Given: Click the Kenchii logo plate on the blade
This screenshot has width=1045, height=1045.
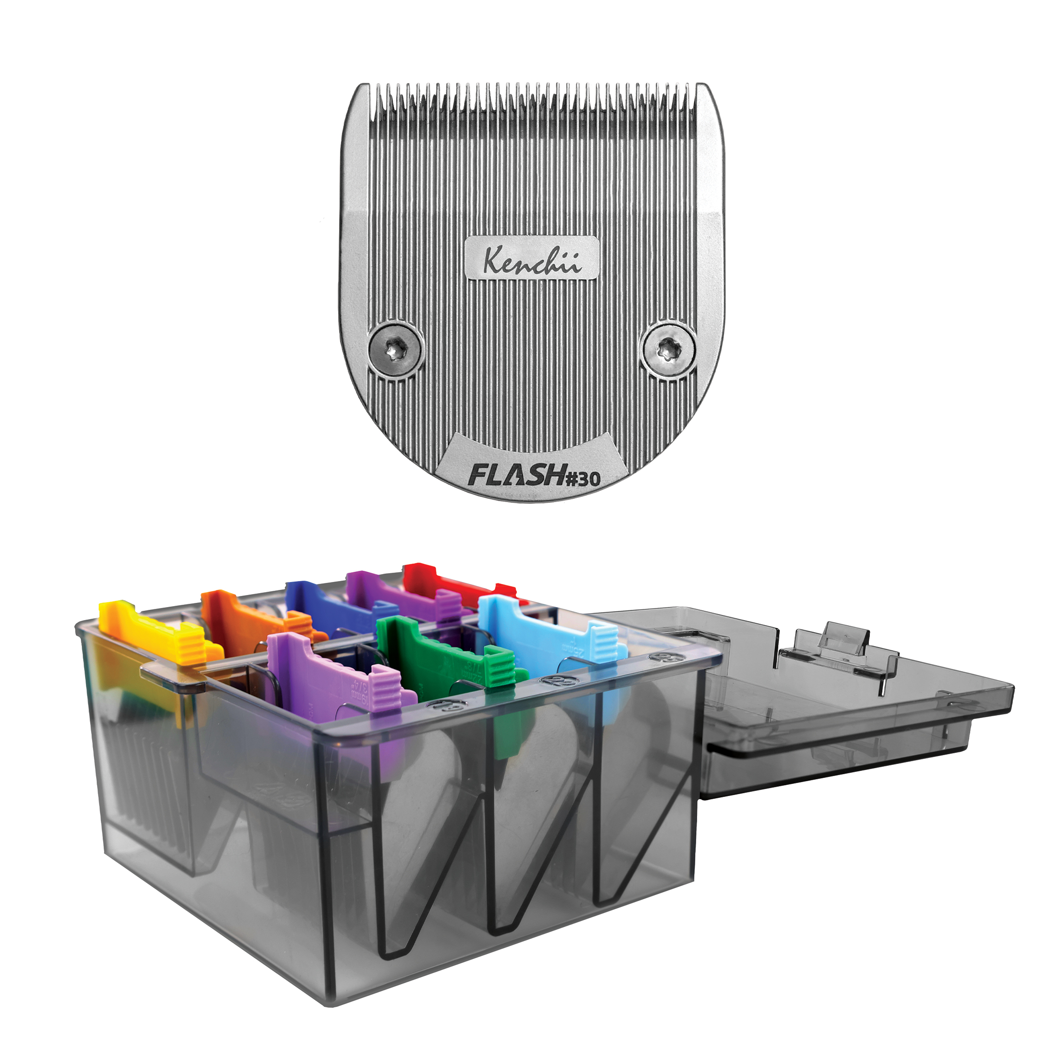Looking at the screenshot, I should pyautogui.click(x=532, y=259).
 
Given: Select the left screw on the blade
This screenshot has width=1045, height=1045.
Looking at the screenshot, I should pyautogui.click(x=394, y=352).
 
